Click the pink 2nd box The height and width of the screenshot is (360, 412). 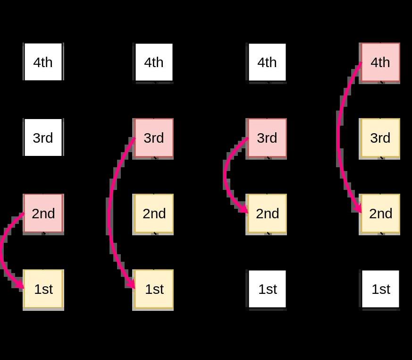(43, 214)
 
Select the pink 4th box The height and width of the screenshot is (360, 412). (380, 62)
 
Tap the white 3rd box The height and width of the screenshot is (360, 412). (43, 138)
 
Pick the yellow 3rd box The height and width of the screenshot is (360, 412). (380, 138)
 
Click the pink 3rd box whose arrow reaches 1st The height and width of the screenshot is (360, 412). (154, 138)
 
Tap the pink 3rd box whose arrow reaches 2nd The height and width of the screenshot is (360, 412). (267, 138)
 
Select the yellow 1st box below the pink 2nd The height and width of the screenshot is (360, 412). (43, 289)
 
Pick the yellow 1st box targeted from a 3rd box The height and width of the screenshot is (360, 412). (154, 289)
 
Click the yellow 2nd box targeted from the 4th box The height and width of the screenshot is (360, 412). (380, 214)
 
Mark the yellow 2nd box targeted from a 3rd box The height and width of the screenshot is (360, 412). (267, 214)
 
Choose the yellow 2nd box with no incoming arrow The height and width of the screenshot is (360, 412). (154, 214)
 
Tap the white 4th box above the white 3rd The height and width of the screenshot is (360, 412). (43, 62)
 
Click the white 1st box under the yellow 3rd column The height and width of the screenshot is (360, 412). (380, 289)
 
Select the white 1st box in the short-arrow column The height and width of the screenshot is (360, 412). (267, 289)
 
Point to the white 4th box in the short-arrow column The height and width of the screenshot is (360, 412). (267, 62)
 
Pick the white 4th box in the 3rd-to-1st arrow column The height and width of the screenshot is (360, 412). (154, 62)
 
